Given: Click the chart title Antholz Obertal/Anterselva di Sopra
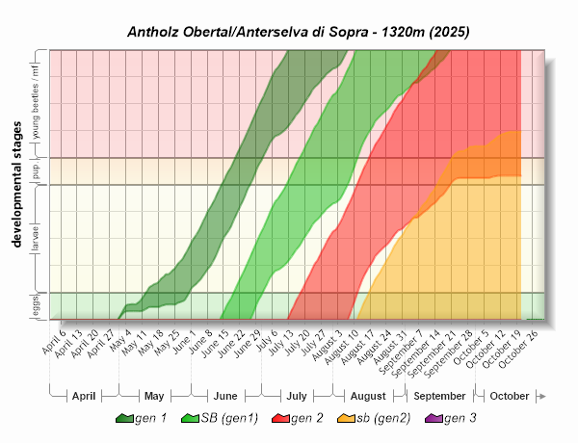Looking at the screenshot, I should pyautogui.click(x=298, y=31).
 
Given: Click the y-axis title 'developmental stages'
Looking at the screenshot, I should pyautogui.click(x=17, y=184).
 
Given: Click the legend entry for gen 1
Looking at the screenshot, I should pyautogui.click(x=141, y=418).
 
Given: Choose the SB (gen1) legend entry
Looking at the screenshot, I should pyautogui.click(x=214, y=418).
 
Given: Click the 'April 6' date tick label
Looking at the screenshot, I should pyautogui.click(x=55, y=342).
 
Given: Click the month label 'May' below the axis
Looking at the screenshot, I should pyautogui.click(x=154, y=396).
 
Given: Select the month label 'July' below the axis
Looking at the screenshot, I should pyautogui.click(x=297, y=396).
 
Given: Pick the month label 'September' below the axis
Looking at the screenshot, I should pyautogui.click(x=439, y=396).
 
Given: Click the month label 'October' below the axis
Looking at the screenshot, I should pyautogui.click(x=509, y=396).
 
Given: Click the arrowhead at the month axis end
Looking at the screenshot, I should pyautogui.click(x=542, y=396).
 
